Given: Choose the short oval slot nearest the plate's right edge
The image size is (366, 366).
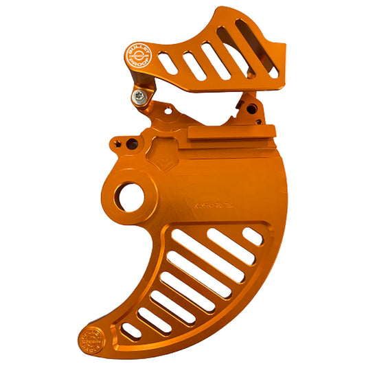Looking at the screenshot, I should coord(253,236).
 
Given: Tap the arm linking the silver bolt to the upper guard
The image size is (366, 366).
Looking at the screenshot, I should coord(144,82).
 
